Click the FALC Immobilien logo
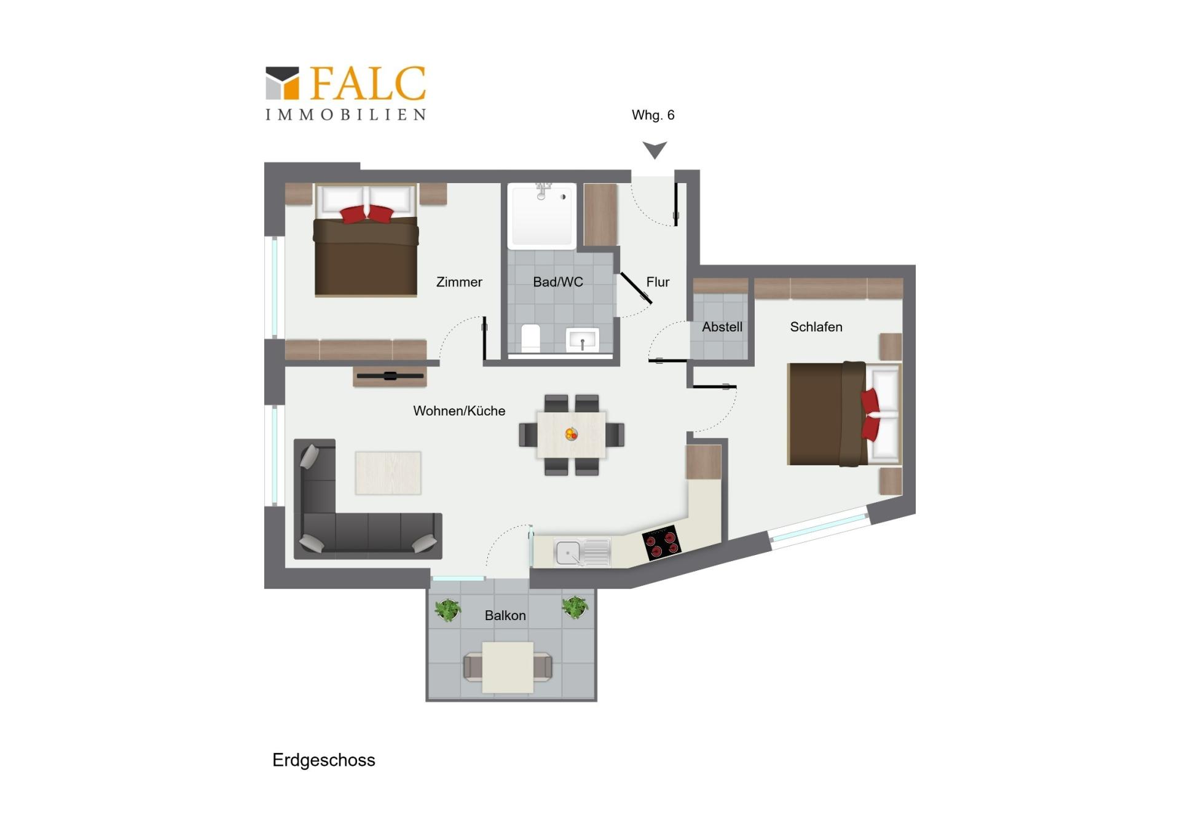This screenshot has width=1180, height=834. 345,93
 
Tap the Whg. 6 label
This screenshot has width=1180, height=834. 653,115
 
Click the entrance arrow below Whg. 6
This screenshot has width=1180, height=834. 655,150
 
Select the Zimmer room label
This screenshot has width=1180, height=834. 459,282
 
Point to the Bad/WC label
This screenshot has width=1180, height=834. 557,282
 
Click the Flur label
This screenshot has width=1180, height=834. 658,282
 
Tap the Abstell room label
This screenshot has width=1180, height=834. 722,327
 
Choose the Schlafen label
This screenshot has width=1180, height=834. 816,327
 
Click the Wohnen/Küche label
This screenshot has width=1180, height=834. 459,411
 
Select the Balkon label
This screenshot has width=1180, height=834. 505,615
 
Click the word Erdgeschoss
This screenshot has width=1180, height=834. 324,760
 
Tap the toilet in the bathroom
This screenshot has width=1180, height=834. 530,339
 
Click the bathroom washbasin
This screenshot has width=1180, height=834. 582,340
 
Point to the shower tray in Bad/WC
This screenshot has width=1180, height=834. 542,216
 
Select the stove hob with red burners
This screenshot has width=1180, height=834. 661,542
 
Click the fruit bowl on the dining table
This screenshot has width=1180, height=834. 572,434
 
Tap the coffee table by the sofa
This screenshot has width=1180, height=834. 388,473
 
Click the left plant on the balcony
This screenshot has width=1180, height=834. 448,610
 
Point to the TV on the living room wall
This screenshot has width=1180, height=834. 390,376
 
